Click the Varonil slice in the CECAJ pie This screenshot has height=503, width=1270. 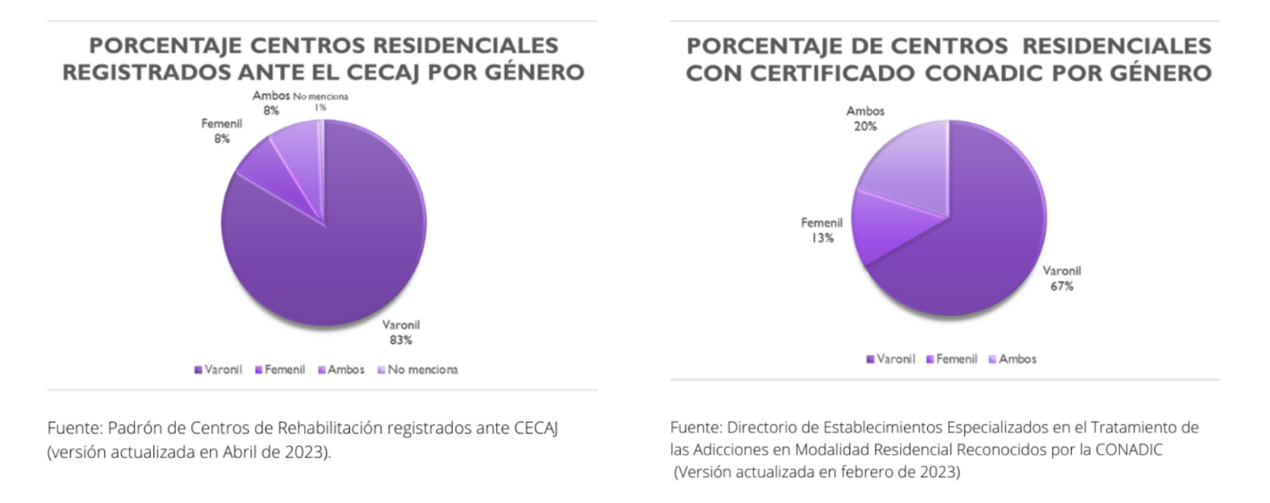339,246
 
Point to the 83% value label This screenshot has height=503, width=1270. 401,340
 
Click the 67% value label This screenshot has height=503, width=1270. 1062,287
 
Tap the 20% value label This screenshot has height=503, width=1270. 864,126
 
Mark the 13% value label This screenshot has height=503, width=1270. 821,238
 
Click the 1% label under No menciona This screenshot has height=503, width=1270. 320,108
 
